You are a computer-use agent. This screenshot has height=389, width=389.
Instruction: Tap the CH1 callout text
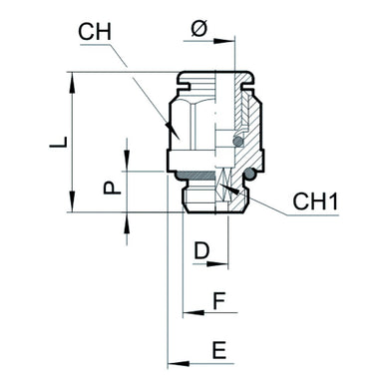click(x=316, y=202)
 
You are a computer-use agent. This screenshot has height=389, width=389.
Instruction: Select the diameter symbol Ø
click(x=197, y=30)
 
